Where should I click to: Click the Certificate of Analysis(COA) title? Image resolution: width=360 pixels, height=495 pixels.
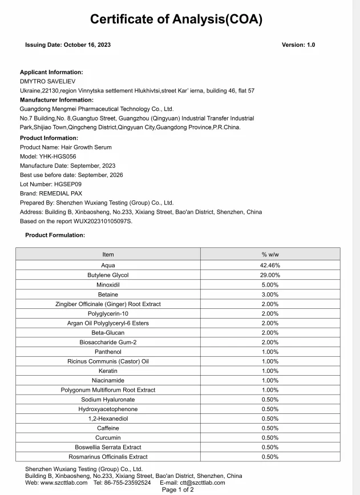pyautogui.click(x=176, y=19)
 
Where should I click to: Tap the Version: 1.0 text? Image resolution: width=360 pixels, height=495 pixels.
pyautogui.click(x=298, y=45)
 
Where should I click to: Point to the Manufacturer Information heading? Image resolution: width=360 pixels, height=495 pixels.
pyautogui.click(x=56, y=100)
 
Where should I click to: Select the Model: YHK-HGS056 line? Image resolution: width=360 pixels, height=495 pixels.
pyautogui.click(x=48, y=156)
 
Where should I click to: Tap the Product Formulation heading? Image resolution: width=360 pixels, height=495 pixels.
pyautogui.click(x=55, y=235)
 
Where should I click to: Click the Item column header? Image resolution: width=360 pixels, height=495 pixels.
pyautogui.click(x=108, y=255)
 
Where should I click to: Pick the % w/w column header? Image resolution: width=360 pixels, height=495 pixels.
pyautogui.click(x=270, y=255)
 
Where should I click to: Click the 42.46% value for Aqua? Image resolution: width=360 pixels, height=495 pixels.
pyautogui.click(x=270, y=265)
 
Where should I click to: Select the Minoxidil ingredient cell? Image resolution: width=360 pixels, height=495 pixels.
pyautogui.click(x=108, y=285)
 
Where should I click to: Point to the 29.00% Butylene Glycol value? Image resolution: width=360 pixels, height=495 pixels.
pyautogui.click(x=270, y=275)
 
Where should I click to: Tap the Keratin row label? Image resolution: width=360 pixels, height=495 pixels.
pyautogui.click(x=108, y=371)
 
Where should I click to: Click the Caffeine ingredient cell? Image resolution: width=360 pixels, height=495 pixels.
pyautogui.click(x=108, y=428)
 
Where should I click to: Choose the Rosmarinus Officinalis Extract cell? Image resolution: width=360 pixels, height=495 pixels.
pyautogui.click(x=108, y=457)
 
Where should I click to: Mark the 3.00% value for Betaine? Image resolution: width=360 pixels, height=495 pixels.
pyautogui.click(x=270, y=295)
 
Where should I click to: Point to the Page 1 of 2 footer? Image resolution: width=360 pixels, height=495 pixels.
pyautogui.click(x=178, y=490)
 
